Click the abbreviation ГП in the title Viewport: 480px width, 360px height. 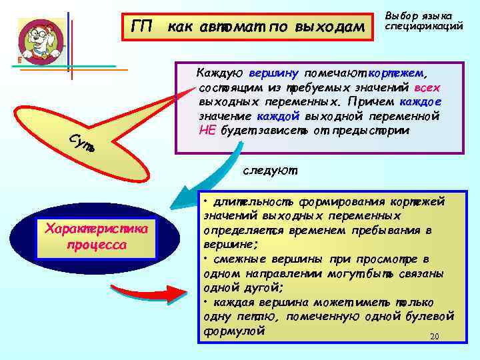[x=141, y=27]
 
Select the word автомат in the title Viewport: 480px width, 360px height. [x=217, y=27]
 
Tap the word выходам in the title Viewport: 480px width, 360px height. [x=329, y=27]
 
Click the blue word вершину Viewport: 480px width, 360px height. [x=274, y=73]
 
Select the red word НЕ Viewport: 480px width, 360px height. [x=207, y=129]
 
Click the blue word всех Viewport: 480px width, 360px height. [x=427, y=87]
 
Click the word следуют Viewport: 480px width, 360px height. [x=269, y=171]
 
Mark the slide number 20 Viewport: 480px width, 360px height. [x=434, y=336]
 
